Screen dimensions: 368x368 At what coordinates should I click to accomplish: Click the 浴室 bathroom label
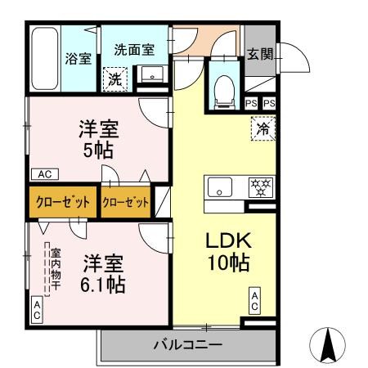(78, 59)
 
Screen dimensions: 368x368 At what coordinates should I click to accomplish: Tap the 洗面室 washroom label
(134, 49)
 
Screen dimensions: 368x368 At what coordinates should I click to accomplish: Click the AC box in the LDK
(255, 301)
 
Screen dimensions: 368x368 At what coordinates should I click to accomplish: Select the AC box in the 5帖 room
(43, 174)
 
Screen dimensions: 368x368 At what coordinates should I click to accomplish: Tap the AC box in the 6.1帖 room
(37, 308)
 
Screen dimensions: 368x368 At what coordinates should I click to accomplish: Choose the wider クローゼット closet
(64, 203)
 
